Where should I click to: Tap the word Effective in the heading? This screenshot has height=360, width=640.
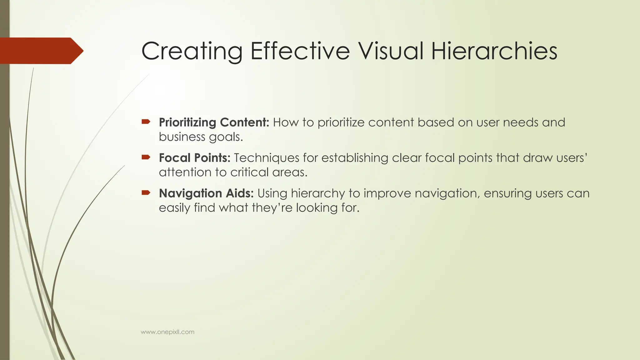pyautogui.click(x=300, y=51)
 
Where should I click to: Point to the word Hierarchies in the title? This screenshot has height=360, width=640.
pyautogui.click(x=494, y=51)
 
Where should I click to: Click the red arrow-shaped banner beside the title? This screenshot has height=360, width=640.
pyautogui.click(x=41, y=51)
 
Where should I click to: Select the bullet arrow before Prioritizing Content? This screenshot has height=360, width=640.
pyautogui.click(x=146, y=122)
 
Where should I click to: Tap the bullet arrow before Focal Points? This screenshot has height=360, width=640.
pyautogui.click(x=146, y=157)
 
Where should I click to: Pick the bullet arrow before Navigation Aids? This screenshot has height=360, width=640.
pyautogui.click(x=146, y=192)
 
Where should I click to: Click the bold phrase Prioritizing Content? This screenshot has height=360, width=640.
pyautogui.click(x=214, y=122)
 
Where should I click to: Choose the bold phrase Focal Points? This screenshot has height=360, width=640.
pyautogui.click(x=194, y=158)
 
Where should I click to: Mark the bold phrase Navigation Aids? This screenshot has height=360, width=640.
pyautogui.click(x=206, y=193)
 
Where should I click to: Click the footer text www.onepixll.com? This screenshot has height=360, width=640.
pyautogui.click(x=167, y=332)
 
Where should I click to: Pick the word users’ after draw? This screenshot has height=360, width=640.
pyautogui.click(x=572, y=158)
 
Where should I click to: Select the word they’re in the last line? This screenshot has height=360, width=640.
pyautogui.click(x=272, y=208)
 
